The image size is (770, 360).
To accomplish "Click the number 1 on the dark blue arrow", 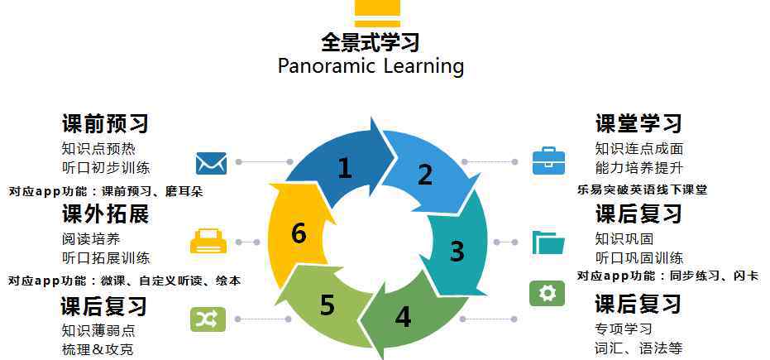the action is pyautogui.click(x=345, y=168).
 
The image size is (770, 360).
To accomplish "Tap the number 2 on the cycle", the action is pyautogui.click(x=425, y=175).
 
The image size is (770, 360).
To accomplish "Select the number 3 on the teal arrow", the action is pyautogui.click(x=457, y=251).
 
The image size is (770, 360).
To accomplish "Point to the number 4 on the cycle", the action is pyautogui.click(x=403, y=317).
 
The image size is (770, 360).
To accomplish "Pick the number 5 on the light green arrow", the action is pyautogui.click(x=328, y=305).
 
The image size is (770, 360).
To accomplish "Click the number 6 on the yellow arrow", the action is pyautogui.click(x=299, y=233).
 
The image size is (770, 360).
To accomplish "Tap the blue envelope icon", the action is pyautogui.click(x=211, y=163).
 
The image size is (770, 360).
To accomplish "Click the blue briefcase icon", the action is pyautogui.click(x=548, y=161).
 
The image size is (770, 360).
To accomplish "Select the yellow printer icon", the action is pyautogui.click(x=208, y=241).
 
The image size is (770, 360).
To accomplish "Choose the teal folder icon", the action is pyautogui.click(x=548, y=242).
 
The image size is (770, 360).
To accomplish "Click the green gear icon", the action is pyautogui.click(x=547, y=293).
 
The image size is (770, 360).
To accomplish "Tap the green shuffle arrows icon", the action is pyautogui.click(x=208, y=319).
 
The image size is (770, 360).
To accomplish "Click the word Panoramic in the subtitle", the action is pyautogui.click(x=327, y=66).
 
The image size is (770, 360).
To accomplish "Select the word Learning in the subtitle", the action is pyautogui.click(x=423, y=66).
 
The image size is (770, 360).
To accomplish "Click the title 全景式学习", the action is pyautogui.click(x=371, y=42).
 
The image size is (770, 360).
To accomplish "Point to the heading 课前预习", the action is pyautogui.click(x=105, y=123).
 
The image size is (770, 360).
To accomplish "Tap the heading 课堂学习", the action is pyautogui.click(x=638, y=122).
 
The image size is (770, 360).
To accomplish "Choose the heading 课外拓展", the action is pyautogui.click(x=105, y=214).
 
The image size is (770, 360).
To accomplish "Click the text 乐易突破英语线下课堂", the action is pyautogui.click(x=643, y=190).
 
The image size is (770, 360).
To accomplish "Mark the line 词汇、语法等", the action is pyautogui.click(x=638, y=348).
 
